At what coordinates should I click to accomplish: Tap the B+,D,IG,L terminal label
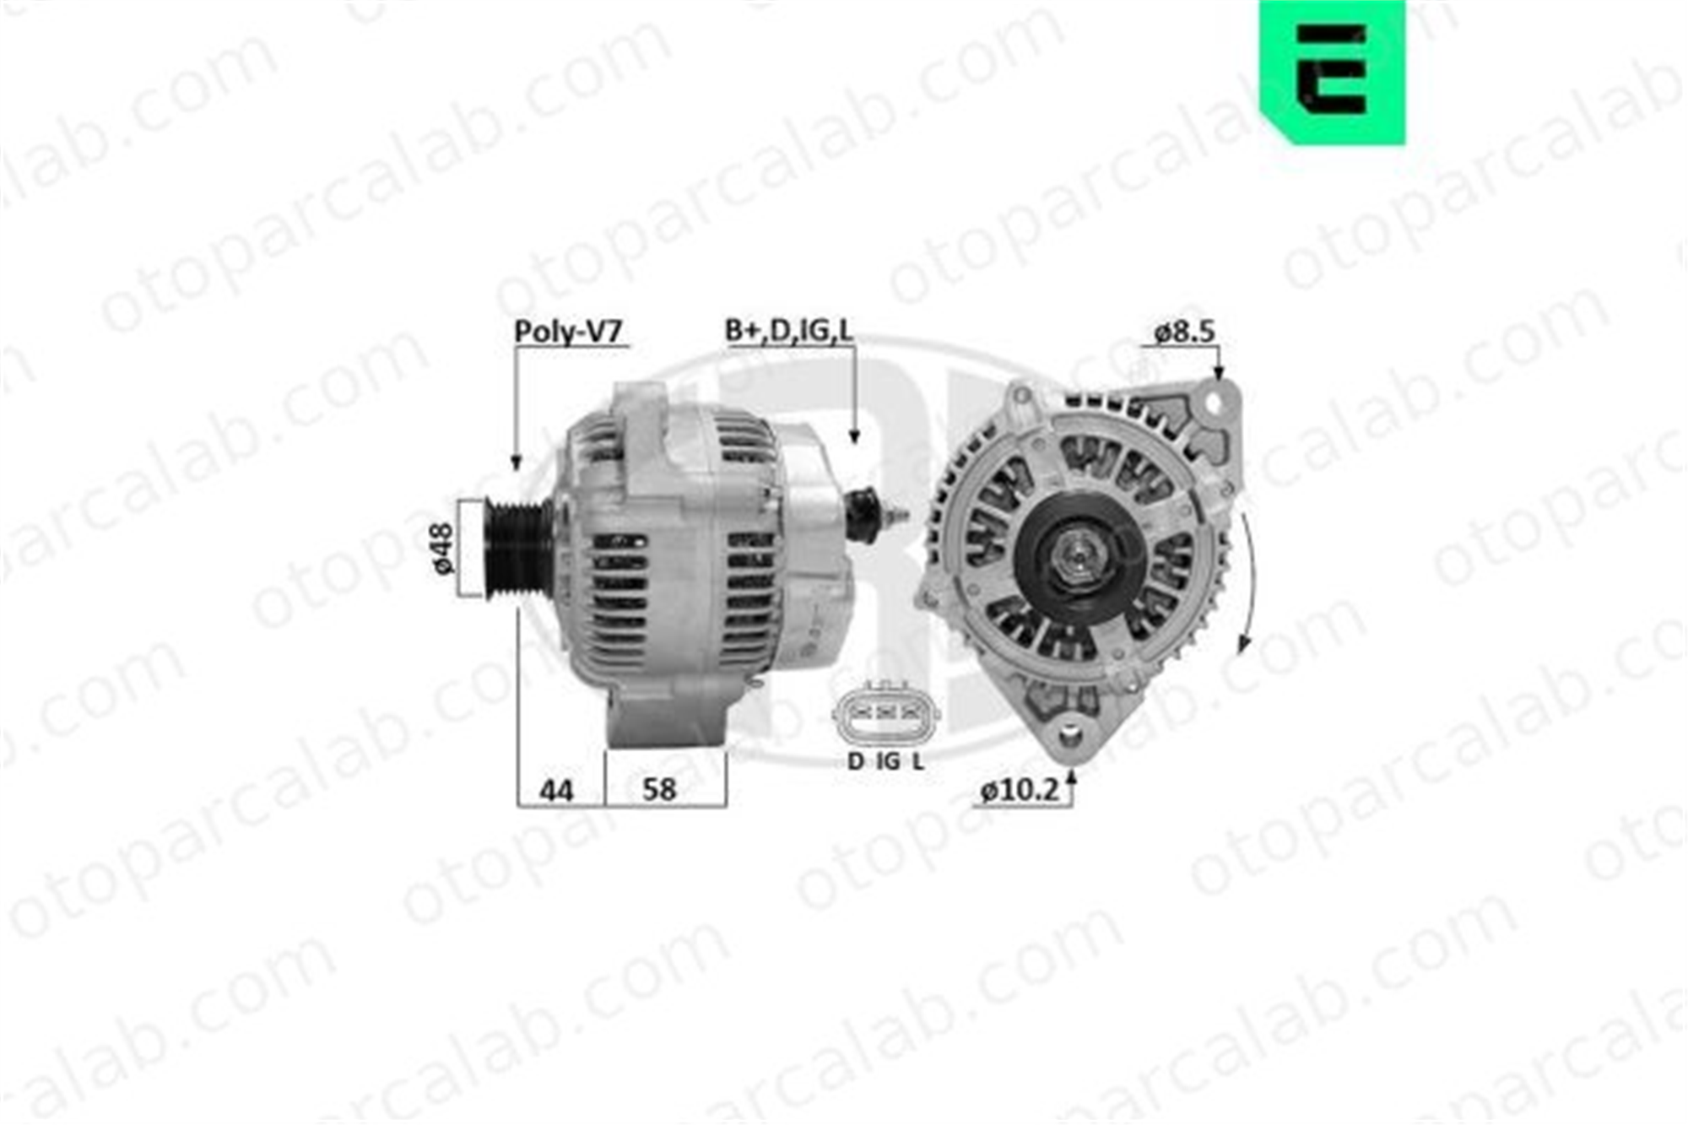click(789, 331)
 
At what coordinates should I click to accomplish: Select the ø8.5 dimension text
click(1185, 333)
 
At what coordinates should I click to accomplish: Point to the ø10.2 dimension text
click(1019, 791)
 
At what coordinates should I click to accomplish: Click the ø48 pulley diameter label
click(443, 549)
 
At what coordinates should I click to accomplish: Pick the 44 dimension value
click(556, 791)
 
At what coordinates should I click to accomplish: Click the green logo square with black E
click(1333, 72)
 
